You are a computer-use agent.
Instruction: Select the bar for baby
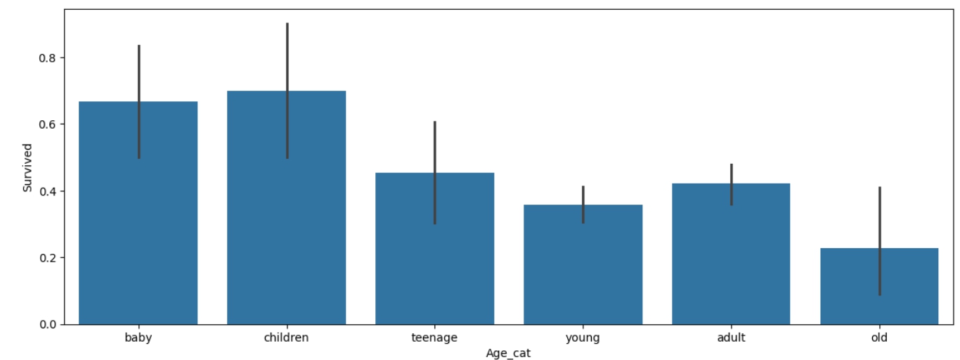pyautogui.click(x=138, y=213)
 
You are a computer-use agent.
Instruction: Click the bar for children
pyautogui.click(x=286, y=207)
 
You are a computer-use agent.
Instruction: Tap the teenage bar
pyautogui.click(x=434, y=249)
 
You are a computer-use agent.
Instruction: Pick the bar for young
pyautogui.click(x=583, y=264)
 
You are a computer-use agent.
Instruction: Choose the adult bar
pyautogui.click(x=731, y=254)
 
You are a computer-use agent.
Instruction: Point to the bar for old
pyautogui.click(x=879, y=286)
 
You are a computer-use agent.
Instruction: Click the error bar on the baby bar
pyautogui.click(x=139, y=102)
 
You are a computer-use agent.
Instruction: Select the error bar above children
pyautogui.click(x=287, y=91)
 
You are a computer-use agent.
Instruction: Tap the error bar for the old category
pyautogui.click(x=880, y=241)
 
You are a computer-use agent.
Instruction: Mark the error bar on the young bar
pyautogui.click(x=583, y=205)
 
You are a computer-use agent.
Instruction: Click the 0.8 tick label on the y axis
pyautogui.click(x=48, y=58)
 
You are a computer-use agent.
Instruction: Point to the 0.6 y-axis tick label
pyautogui.click(x=48, y=124)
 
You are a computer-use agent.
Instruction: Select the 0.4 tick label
pyautogui.click(x=48, y=191)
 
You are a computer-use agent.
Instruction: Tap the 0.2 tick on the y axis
pyautogui.click(x=48, y=258)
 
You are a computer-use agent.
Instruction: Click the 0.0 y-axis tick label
pyautogui.click(x=48, y=325)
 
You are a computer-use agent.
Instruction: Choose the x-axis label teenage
pyautogui.click(x=434, y=338)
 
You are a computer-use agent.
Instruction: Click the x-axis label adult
pyautogui.click(x=731, y=337)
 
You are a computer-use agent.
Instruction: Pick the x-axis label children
pyautogui.click(x=286, y=337)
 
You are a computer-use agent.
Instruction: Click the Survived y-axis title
pyautogui.click(x=27, y=167)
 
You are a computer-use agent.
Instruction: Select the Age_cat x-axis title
pyautogui.click(x=508, y=354)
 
